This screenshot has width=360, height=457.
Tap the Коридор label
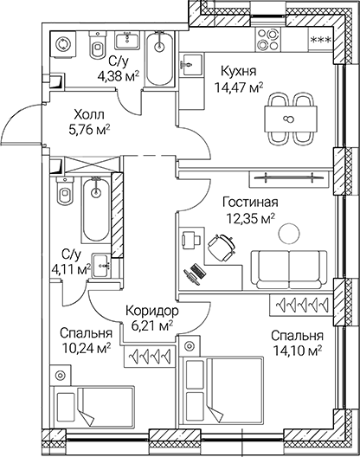[151, 311]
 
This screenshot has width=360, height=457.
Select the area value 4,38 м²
[118, 77]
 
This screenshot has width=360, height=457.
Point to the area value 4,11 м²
[72, 269]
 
